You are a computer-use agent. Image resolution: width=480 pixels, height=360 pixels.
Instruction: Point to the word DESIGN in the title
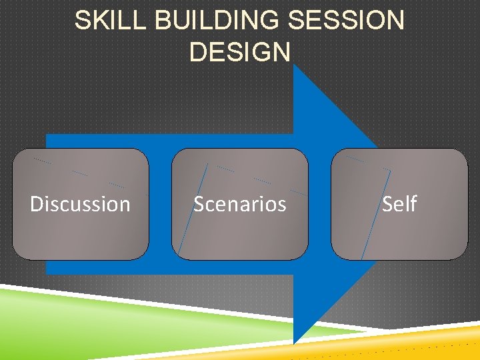coord(240,51)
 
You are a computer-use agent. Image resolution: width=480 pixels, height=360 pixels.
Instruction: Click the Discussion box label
coord(80,204)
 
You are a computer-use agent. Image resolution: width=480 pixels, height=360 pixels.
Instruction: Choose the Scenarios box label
coord(240,204)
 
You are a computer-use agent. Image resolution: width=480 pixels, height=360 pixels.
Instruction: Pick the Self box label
coord(399,204)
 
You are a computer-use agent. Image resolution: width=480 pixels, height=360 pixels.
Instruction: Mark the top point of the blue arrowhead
coord(295,67)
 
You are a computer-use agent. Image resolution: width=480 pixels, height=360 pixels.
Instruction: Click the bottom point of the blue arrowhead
coord(295,341)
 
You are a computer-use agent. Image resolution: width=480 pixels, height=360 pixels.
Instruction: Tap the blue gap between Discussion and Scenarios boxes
coord(160,204)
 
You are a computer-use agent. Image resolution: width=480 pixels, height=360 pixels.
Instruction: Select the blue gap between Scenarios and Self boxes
coord(319,204)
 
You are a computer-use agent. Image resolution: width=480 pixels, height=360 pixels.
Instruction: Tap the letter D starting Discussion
coord(37,204)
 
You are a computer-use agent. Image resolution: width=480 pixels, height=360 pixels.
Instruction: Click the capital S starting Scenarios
coord(198,204)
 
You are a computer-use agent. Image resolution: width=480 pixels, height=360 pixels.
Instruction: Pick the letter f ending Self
coord(413,203)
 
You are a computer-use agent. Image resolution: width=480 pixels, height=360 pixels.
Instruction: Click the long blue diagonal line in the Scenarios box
coord(193,207)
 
